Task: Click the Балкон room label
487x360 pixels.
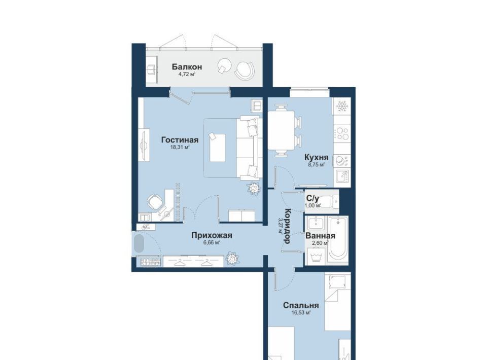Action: [187, 67]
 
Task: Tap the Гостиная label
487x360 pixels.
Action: [180, 140]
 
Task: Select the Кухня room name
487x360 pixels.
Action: [316, 157]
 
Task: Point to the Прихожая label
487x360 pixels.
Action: [212, 236]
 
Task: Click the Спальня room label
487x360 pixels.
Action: [301, 305]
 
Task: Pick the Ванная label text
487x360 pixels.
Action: [320, 236]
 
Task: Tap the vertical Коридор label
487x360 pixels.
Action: [287, 226]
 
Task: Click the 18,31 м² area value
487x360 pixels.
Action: [180, 148]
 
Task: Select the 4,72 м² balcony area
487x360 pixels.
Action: [187, 74]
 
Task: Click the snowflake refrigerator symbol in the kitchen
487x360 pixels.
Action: [342, 106]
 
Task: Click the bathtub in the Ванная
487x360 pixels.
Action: [338, 239]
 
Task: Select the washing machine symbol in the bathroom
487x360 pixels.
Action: [316, 257]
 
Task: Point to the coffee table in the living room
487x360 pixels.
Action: [218, 148]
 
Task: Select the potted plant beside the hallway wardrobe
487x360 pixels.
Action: [232, 258]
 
